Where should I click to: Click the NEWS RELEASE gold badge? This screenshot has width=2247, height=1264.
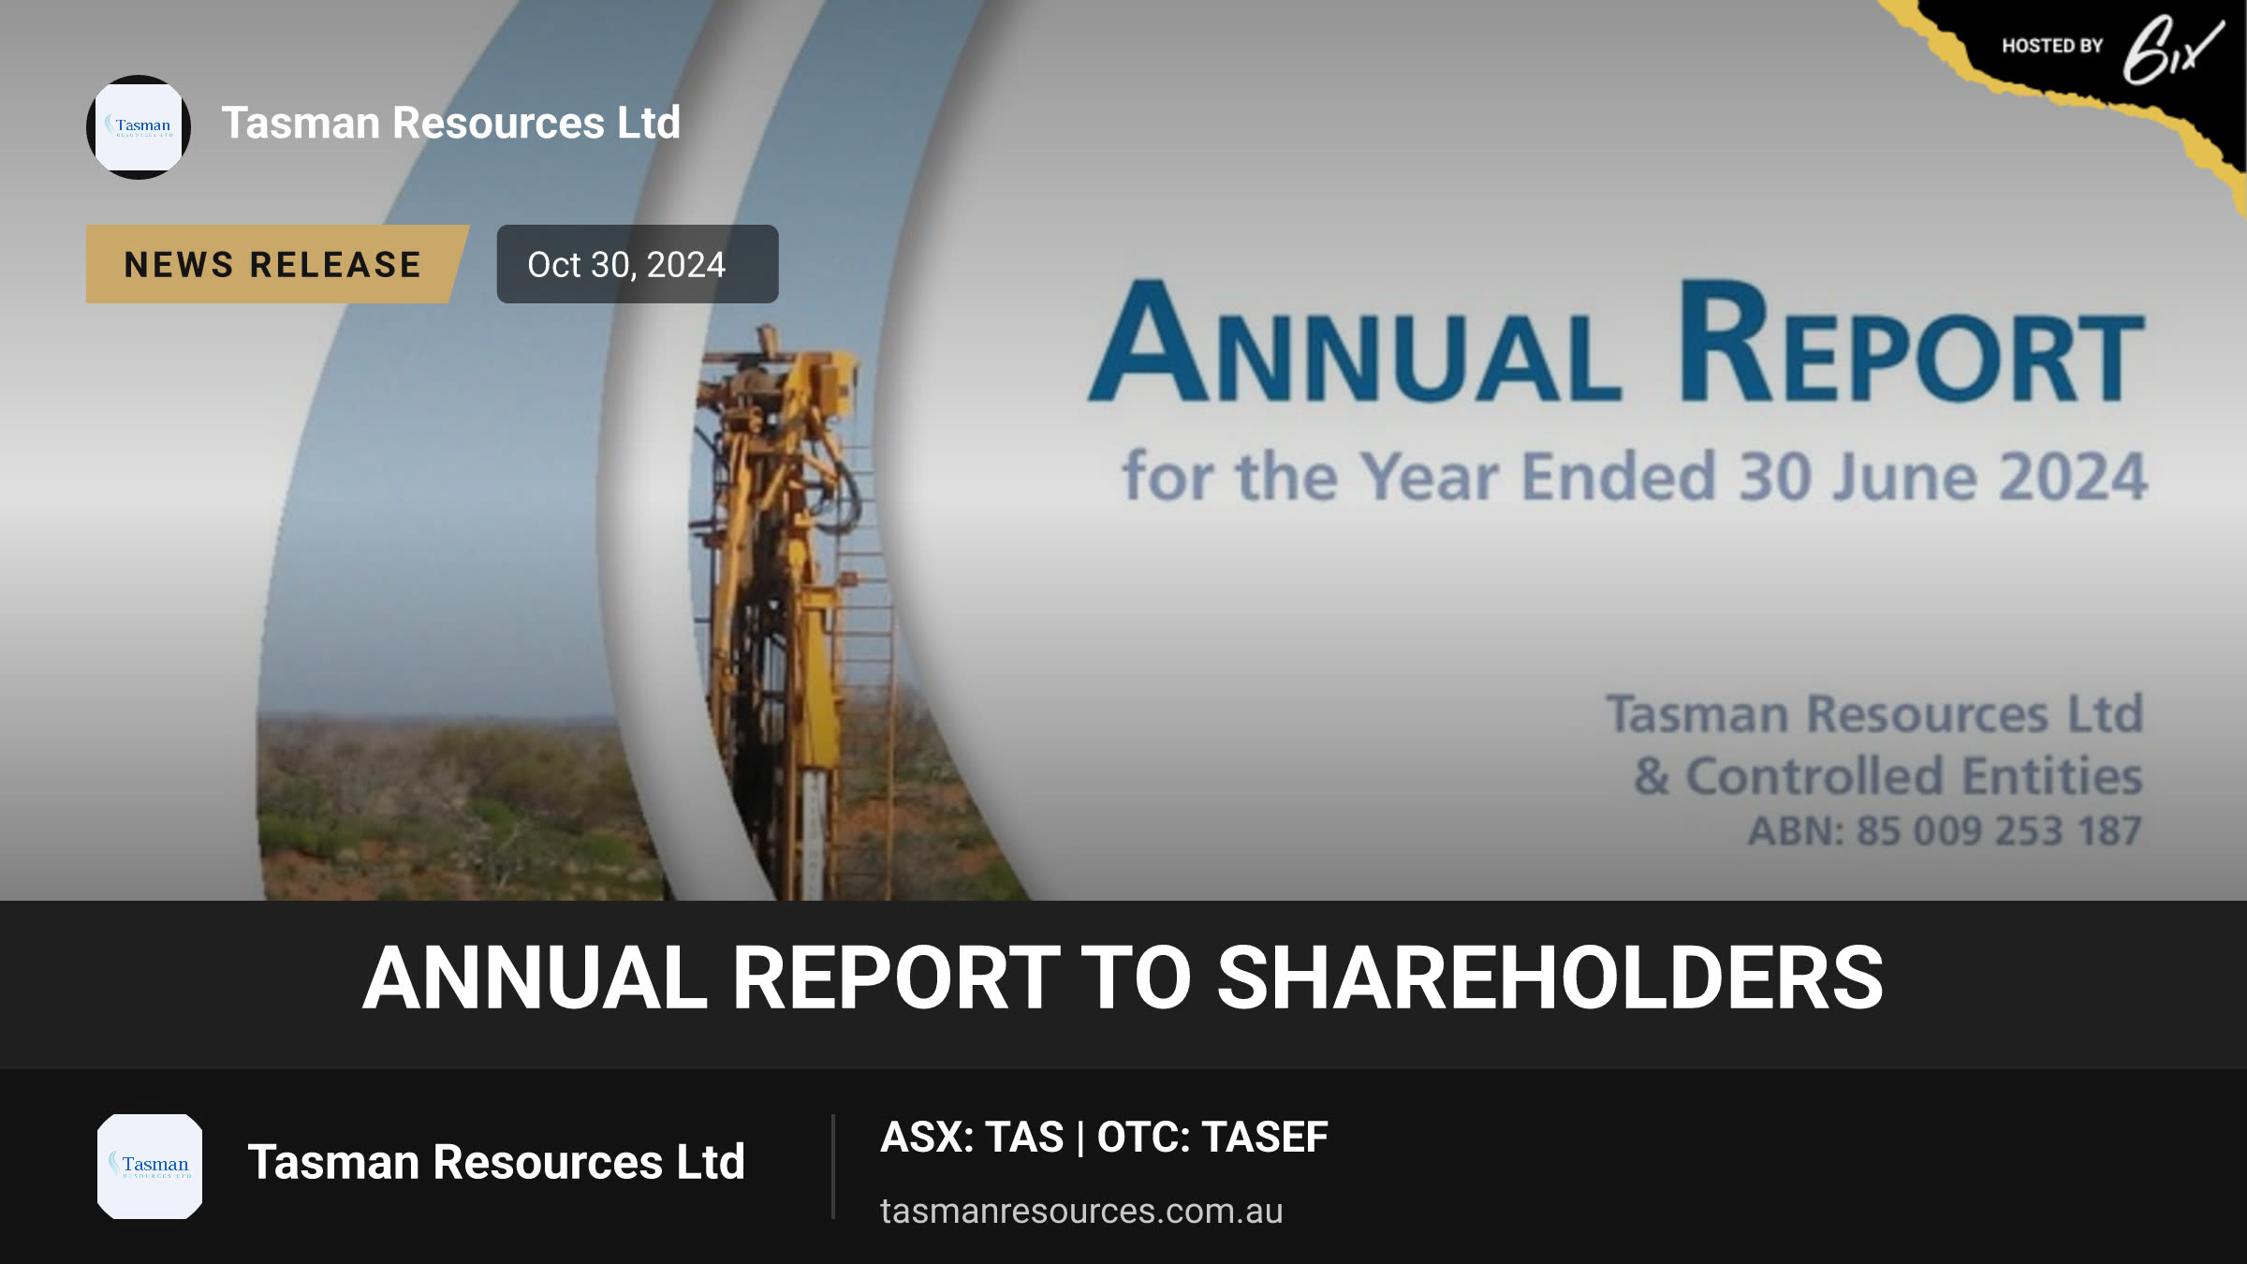277,264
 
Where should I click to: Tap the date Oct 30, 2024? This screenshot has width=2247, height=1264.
626,265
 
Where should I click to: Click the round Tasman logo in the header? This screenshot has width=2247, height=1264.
139,127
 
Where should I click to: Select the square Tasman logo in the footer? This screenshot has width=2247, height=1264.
150,1167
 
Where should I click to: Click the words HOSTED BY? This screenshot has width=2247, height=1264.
2052,46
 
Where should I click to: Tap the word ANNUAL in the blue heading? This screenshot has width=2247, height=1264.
1355,342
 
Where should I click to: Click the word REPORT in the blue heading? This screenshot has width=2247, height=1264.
1911,342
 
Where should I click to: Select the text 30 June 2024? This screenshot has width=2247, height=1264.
1943,477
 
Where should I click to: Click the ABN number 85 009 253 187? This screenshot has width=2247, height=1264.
1999,830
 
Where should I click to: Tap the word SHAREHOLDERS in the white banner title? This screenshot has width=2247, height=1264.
1549,978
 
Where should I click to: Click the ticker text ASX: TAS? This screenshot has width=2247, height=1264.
972,1137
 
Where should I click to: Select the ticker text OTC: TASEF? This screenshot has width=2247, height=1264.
1212,1137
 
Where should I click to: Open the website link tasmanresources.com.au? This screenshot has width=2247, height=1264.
1081,1211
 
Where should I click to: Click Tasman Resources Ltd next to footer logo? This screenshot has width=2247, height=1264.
496,1162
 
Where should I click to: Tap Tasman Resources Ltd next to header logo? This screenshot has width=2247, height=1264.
451,123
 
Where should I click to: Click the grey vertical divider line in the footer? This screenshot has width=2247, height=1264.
832,1167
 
